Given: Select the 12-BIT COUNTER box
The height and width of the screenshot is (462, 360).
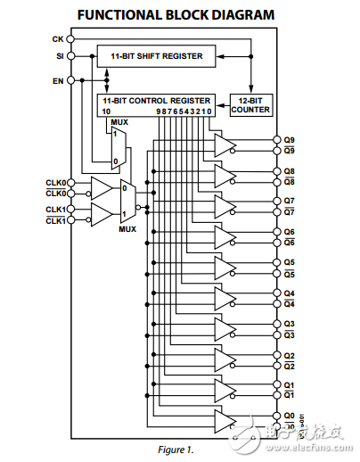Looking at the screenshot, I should click(x=250, y=104).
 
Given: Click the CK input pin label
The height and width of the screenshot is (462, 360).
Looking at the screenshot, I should click(x=59, y=40).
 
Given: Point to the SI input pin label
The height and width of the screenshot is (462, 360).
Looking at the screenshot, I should click(x=60, y=56).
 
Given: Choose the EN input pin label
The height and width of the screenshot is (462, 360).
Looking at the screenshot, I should click(x=59, y=79).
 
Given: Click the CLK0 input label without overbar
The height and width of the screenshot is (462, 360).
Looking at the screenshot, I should click(x=55, y=182).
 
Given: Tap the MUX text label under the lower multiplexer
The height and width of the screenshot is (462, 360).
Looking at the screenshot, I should click(x=127, y=228).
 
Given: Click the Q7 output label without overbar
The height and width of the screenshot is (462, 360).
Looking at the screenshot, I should click(x=289, y=201).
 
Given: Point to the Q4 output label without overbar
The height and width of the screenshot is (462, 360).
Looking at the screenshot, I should click(x=289, y=293).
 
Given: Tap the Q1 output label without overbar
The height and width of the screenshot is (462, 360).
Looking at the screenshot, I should click(x=289, y=384).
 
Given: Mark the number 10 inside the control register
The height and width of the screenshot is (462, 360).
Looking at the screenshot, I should click(x=106, y=111).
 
